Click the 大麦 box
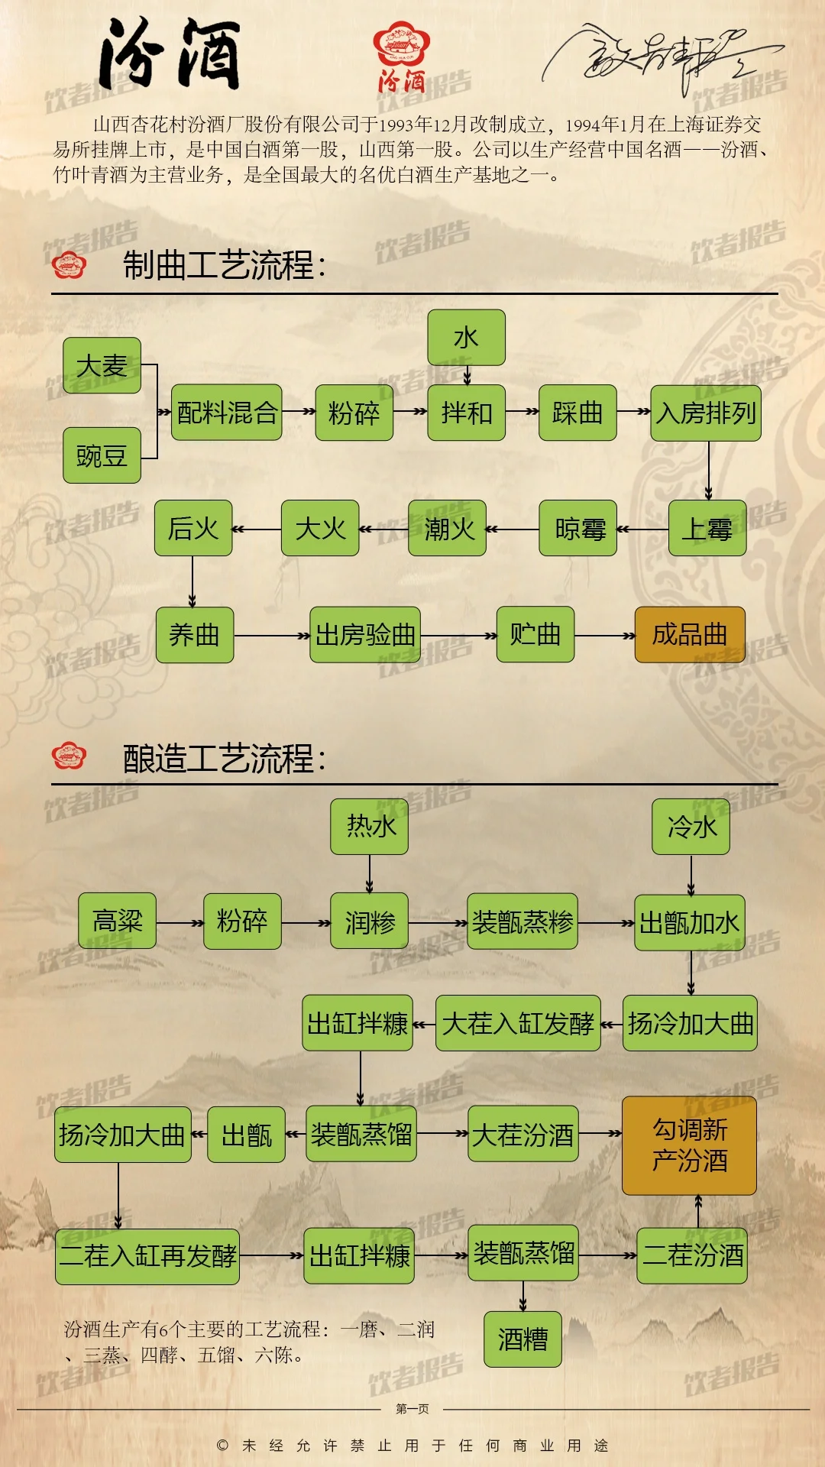coord(102,366)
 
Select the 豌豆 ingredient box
coord(102,456)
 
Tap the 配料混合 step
coord(227,413)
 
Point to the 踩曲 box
coord(577,413)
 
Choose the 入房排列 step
coord(706,413)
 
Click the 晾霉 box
coord(577,528)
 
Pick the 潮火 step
coord(448,528)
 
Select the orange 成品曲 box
coord(690,634)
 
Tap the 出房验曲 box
coord(365,634)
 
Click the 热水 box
coord(370,826)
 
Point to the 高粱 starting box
coord(118,921)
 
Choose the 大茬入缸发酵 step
coord(518,1023)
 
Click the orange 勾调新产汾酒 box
coord(689,1145)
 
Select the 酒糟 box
coord(522,1339)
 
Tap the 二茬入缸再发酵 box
coord(147,1256)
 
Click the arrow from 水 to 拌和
coord(467,375)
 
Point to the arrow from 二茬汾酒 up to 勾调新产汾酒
coord(698,1211)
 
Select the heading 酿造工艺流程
coord(224,759)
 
